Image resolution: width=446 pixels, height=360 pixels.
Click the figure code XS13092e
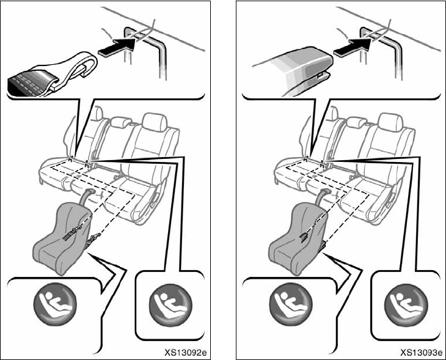[186, 352]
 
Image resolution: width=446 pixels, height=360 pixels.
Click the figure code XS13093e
[421, 352]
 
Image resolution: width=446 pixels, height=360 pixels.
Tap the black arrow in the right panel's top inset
[352, 47]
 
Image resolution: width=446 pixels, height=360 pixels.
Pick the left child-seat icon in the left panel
[55, 304]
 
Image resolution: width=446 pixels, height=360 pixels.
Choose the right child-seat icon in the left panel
[170, 305]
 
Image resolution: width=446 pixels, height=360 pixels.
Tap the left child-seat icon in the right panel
[291, 304]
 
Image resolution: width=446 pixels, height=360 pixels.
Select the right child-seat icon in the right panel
[406, 305]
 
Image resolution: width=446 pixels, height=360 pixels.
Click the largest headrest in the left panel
[155, 122]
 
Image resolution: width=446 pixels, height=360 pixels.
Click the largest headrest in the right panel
[390, 122]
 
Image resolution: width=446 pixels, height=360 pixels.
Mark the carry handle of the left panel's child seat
[86, 194]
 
